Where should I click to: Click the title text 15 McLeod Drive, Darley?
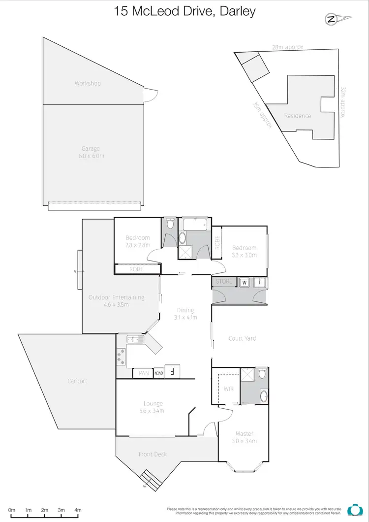[x=184, y=11]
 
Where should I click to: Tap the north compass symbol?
[x=332, y=20]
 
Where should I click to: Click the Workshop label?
[x=88, y=83]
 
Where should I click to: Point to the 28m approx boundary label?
[x=287, y=47]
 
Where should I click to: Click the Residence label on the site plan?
[x=298, y=116]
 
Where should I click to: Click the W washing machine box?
[x=245, y=283]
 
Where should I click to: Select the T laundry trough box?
[x=260, y=283]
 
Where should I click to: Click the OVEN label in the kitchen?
[x=158, y=373]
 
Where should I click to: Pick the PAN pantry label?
[x=144, y=373]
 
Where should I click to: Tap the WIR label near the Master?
[x=228, y=389]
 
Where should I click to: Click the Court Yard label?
[x=242, y=338]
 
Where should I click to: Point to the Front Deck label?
[x=153, y=454]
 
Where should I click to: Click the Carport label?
[x=78, y=381]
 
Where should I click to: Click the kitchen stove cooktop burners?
[x=121, y=356]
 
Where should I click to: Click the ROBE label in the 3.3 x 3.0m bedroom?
[x=216, y=244]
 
